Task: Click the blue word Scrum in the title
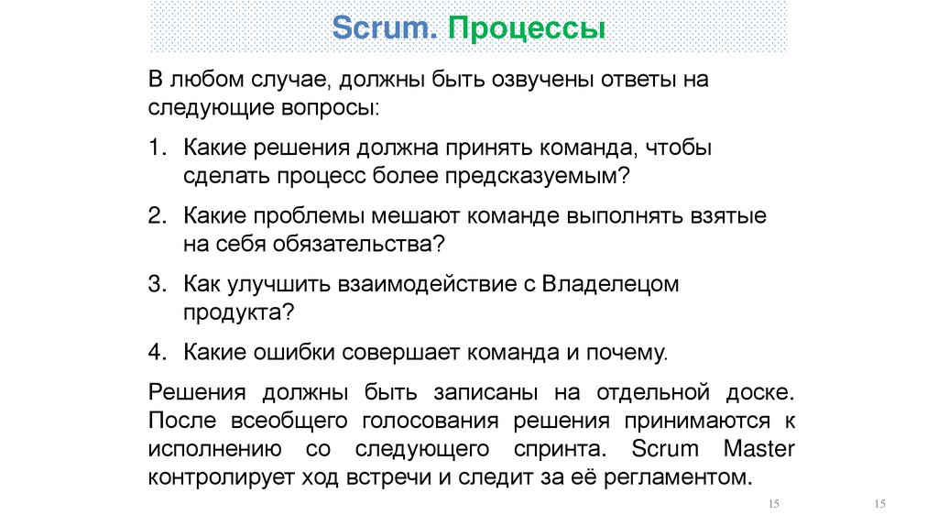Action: tap(384, 27)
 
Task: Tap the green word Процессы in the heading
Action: tap(526, 28)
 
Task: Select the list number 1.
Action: tap(157, 148)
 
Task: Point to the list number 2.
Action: tap(157, 216)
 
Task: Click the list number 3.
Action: tap(157, 284)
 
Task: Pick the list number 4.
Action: tap(157, 353)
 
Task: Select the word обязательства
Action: tap(366, 244)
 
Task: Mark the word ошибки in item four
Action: tap(302, 353)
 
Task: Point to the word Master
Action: tap(758, 449)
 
